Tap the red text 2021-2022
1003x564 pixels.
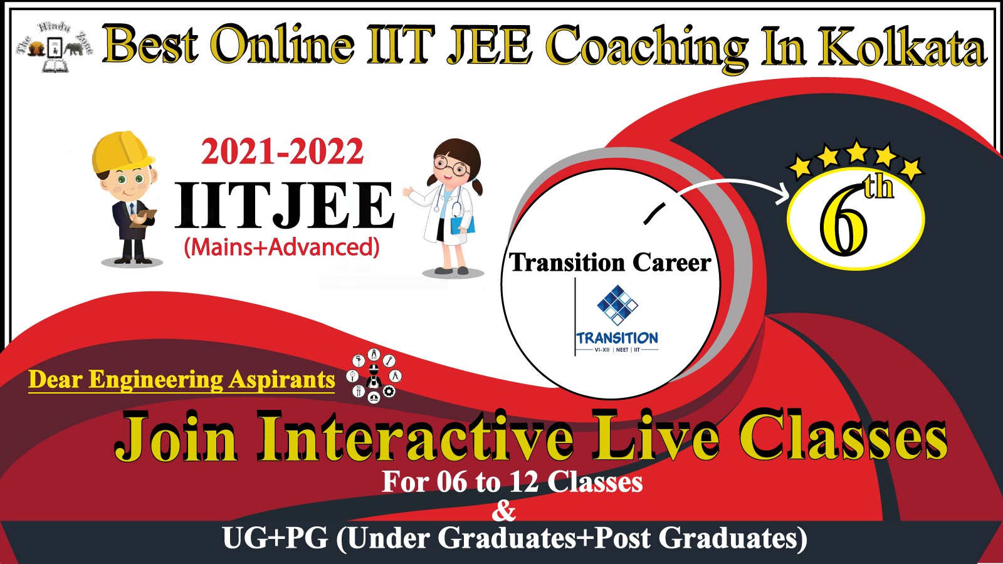click(282, 151)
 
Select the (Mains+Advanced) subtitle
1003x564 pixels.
click(281, 247)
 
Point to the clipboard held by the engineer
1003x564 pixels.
click(144, 219)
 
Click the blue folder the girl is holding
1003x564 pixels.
click(463, 225)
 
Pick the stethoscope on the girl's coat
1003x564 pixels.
click(451, 204)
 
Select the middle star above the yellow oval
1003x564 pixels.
click(856, 151)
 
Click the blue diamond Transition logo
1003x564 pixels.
click(617, 305)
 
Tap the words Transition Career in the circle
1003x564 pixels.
click(610, 263)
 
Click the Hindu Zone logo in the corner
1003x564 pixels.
click(55, 46)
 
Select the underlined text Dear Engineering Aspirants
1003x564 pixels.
click(181, 380)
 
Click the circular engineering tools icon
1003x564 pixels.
click(374, 376)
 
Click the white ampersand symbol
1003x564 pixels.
click(504, 511)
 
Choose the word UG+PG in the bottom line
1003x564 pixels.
click(275, 538)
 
